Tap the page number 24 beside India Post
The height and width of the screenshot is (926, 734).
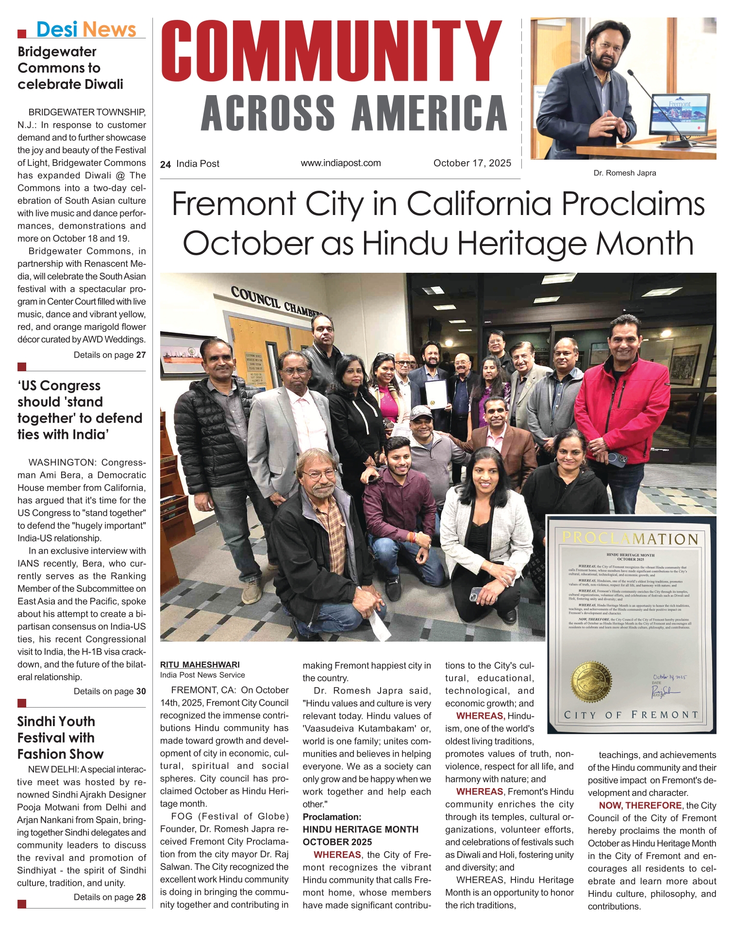click(166, 165)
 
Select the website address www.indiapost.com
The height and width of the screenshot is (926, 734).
click(341, 163)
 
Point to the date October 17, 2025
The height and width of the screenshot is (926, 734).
click(472, 163)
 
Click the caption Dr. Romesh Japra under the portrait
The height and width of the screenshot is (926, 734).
click(624, 173)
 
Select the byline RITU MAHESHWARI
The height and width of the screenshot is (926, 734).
click(200, 664)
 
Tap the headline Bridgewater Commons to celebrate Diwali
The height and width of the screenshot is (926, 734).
click(70, 68)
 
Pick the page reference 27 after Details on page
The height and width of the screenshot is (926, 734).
click(141, 355)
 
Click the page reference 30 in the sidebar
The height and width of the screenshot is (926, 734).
click(141, 691)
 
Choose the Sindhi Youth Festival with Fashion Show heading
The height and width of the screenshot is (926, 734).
click(60, 737)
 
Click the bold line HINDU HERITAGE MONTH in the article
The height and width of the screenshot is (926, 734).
click(360, 829)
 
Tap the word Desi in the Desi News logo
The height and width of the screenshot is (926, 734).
click(57, 30)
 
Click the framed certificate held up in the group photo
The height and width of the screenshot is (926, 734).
click(435, 392)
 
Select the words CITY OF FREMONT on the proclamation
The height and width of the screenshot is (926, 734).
click(631, 715)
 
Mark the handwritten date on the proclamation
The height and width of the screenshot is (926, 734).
click(669, 677)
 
